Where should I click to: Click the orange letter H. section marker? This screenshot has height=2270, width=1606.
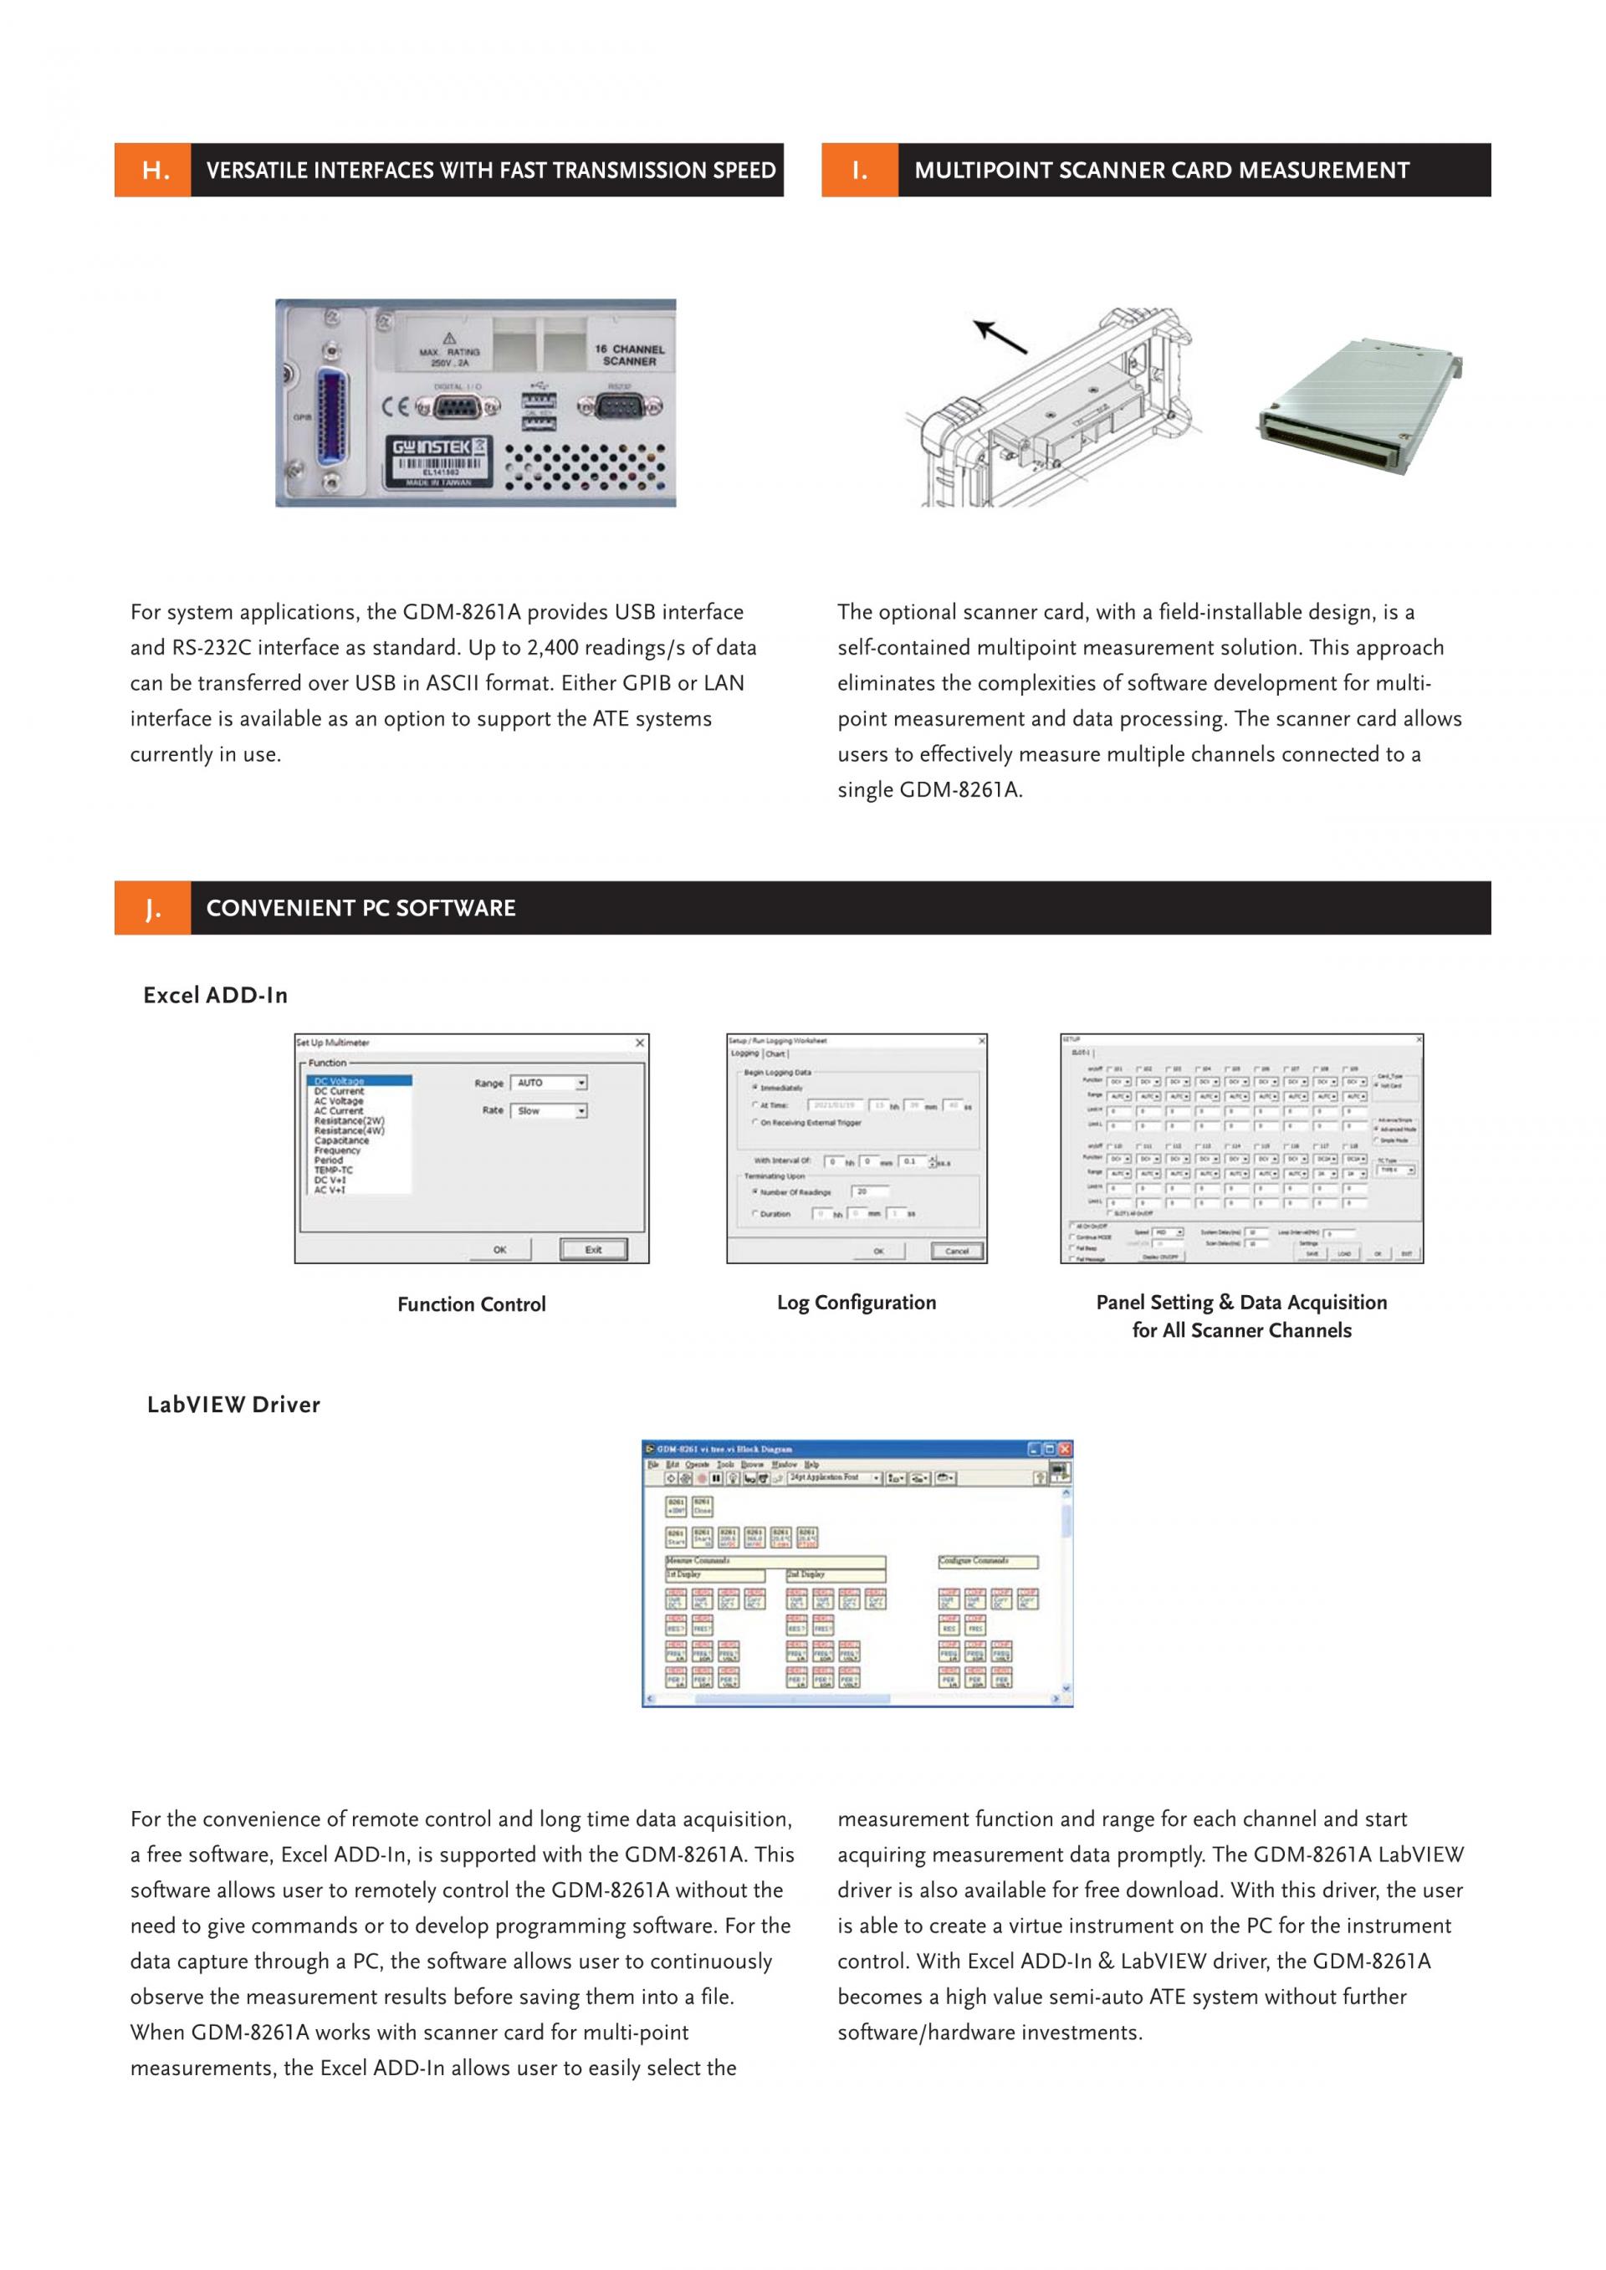click(x=153, y=170)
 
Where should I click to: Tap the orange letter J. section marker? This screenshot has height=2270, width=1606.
click(x=152, y=908)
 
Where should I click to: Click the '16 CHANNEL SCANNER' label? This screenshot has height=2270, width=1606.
click(x=629, y=355)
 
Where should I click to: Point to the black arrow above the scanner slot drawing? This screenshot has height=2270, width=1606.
click(x=1000, y=337)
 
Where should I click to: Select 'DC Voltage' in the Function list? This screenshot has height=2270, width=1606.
click(x=340, y=1080)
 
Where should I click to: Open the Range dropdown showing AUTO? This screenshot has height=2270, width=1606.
click(x=550, y=1083)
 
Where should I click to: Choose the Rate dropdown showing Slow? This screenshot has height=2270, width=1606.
click(x=550, y=1110)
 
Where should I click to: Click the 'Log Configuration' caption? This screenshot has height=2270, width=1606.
click(x=857, y=1302)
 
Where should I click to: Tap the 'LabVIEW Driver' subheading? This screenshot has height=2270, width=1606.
click(x=233, y=1405)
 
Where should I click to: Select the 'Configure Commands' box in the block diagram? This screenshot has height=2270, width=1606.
click(x=988, y=1561)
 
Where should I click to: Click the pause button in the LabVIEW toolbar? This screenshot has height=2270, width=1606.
click(x=716, y=1478)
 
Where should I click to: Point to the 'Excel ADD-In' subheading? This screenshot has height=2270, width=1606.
click(x=216, y=996)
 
